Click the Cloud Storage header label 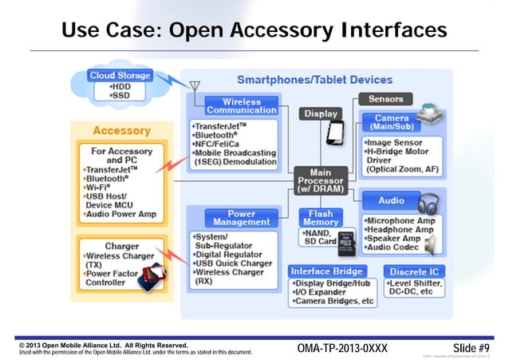tap(120, 76)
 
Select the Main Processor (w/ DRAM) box tap(319, 178)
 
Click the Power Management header tap(231, 218)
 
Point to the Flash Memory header tap(321, 218)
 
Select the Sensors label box tap(385, 99)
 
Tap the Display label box tap(321, 113)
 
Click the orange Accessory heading tap(121, 130)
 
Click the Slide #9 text tap(471, 348)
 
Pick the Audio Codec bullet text tap(392, 248)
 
